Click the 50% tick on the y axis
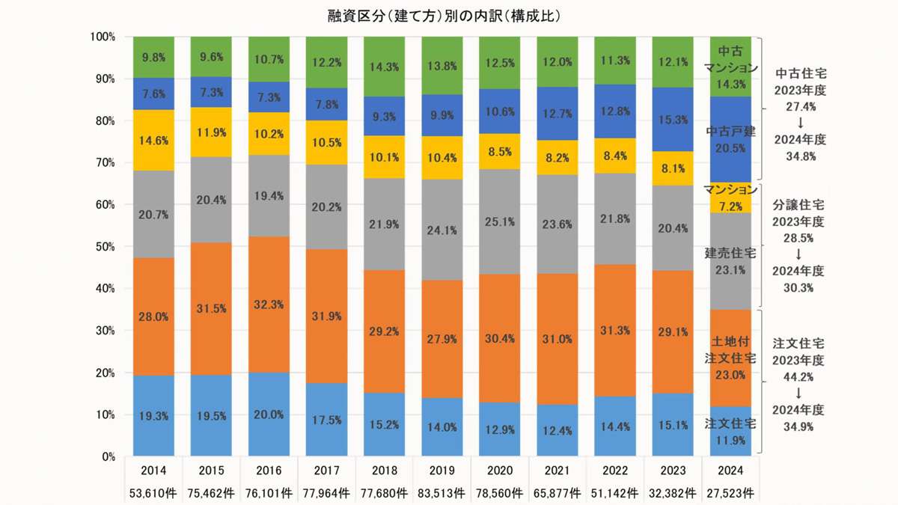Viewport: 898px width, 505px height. point(102,246)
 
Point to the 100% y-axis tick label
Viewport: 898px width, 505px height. point(100,37)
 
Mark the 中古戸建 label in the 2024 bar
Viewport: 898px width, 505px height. point(730,132)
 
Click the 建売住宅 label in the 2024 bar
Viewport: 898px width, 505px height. point(730,254)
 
